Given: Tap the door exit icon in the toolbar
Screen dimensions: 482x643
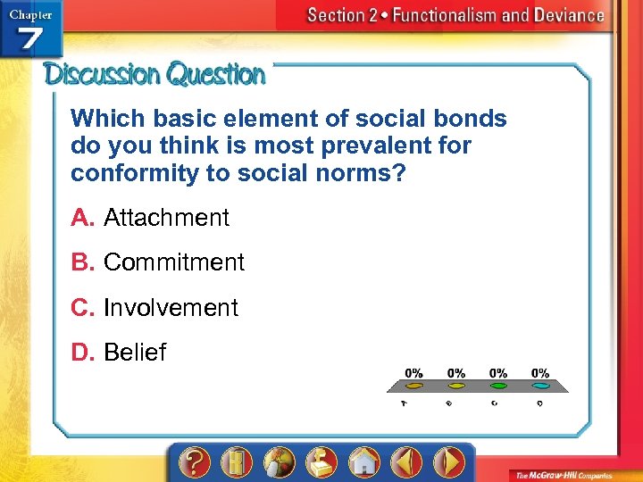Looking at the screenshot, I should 236,461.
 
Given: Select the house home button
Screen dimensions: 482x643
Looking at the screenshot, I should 364,461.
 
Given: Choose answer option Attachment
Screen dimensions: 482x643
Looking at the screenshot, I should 166,218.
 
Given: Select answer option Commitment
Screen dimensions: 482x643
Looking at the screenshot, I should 173,262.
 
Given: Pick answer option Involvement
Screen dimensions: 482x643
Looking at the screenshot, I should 171,308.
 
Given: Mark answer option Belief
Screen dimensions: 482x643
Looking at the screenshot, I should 135,353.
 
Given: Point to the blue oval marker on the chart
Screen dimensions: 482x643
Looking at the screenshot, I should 541,386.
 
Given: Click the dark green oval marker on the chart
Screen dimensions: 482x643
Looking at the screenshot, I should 498,386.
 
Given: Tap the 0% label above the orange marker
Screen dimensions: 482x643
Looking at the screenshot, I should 414,372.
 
